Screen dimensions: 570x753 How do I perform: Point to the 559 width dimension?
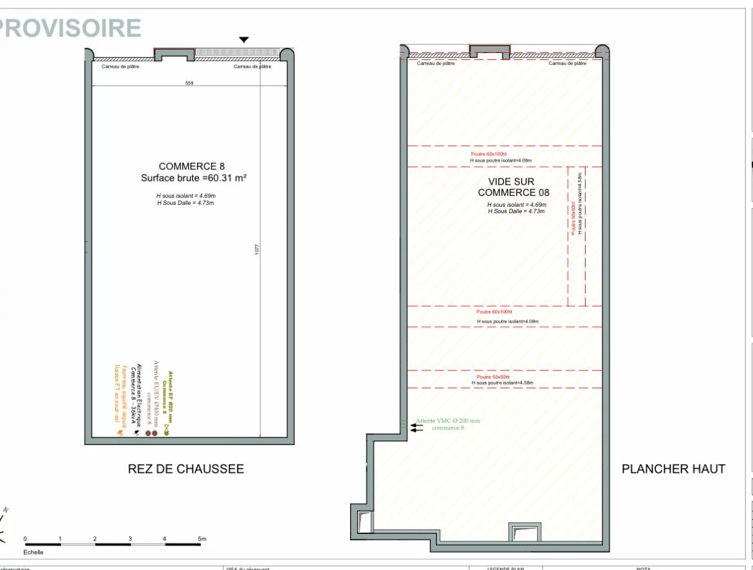coord(189,83)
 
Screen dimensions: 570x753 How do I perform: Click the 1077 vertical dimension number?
coord(257,249)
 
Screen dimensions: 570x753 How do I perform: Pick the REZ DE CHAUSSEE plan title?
coord(186,469)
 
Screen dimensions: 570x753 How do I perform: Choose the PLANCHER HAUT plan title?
coord(673,469)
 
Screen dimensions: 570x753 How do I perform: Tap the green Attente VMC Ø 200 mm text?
coord(448,421)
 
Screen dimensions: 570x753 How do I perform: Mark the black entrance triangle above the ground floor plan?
coord(243,40)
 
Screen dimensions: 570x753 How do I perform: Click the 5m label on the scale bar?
coord(201,538)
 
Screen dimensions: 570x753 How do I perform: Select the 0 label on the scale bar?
coord(25,538)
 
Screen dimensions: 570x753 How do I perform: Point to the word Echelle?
coord(33,552)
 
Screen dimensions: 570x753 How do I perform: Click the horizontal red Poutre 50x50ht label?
coord(493,376)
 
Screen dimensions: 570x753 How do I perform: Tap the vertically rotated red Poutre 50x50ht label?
coord(573,219)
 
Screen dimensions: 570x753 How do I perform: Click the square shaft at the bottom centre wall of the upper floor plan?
coord(523,533)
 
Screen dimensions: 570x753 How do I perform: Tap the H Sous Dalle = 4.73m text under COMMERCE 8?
coord(185,203)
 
